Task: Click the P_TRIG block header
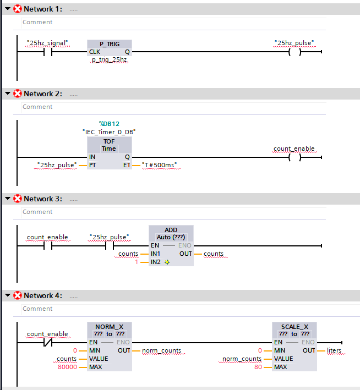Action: (x=109, y=44)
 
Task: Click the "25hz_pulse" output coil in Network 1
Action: (x=294, y=52)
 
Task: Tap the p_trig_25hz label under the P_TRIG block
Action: (x=109, y=60)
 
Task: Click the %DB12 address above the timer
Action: (x=109, y=124)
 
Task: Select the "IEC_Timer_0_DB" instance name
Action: (x=109, y=132)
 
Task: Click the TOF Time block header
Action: (x=109, y=145)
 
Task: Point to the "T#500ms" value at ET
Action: (x=162, y=165)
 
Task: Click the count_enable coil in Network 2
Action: (x=294, y=157)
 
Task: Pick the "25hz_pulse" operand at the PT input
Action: (x=57, y=165)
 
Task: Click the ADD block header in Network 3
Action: (x=171, y=233)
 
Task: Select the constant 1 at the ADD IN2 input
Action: (x=138, y=262)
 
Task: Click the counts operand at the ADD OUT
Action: (x=214, y=254)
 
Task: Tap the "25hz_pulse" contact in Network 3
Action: (x=109, y=246)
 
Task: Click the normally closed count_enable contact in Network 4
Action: (x=47, y=342)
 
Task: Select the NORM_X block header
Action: (x=109, y=330)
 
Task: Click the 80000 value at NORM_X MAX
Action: (x=68, y=367)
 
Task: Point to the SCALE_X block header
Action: (x=294, y=330)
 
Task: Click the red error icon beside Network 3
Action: (x=17, y=199)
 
